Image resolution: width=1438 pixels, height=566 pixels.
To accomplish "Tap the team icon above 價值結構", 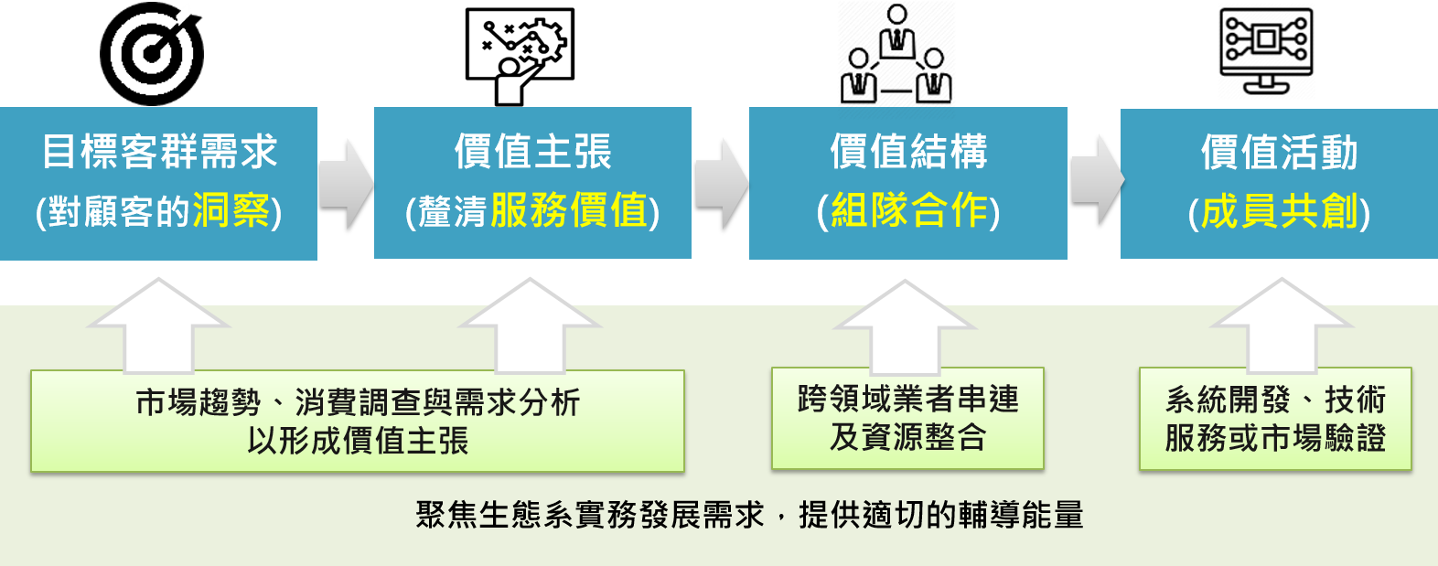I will (x=896, y=53).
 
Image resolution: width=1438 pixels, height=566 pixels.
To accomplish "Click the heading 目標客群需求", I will (x=159, y=152).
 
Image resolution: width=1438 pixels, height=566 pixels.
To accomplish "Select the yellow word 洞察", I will (x=231, y=211).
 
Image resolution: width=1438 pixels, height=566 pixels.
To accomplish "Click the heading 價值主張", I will (x=532, y=152).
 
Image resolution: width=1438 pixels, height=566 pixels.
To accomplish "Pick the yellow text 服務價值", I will (x=569, y=211).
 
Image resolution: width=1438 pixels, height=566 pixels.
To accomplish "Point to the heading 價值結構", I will (x=908, y=152).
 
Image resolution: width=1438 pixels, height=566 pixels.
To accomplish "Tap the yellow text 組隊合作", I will (x=909, y=211).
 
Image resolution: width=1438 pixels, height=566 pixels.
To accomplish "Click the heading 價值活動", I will (x=1279, y=152).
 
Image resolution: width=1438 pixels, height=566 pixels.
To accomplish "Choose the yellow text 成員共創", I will (x=1279, y=212).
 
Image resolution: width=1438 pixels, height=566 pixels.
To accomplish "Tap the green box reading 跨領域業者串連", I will (x=907, y=419).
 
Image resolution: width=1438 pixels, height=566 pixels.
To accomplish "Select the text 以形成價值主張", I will (x=358, y=441).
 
